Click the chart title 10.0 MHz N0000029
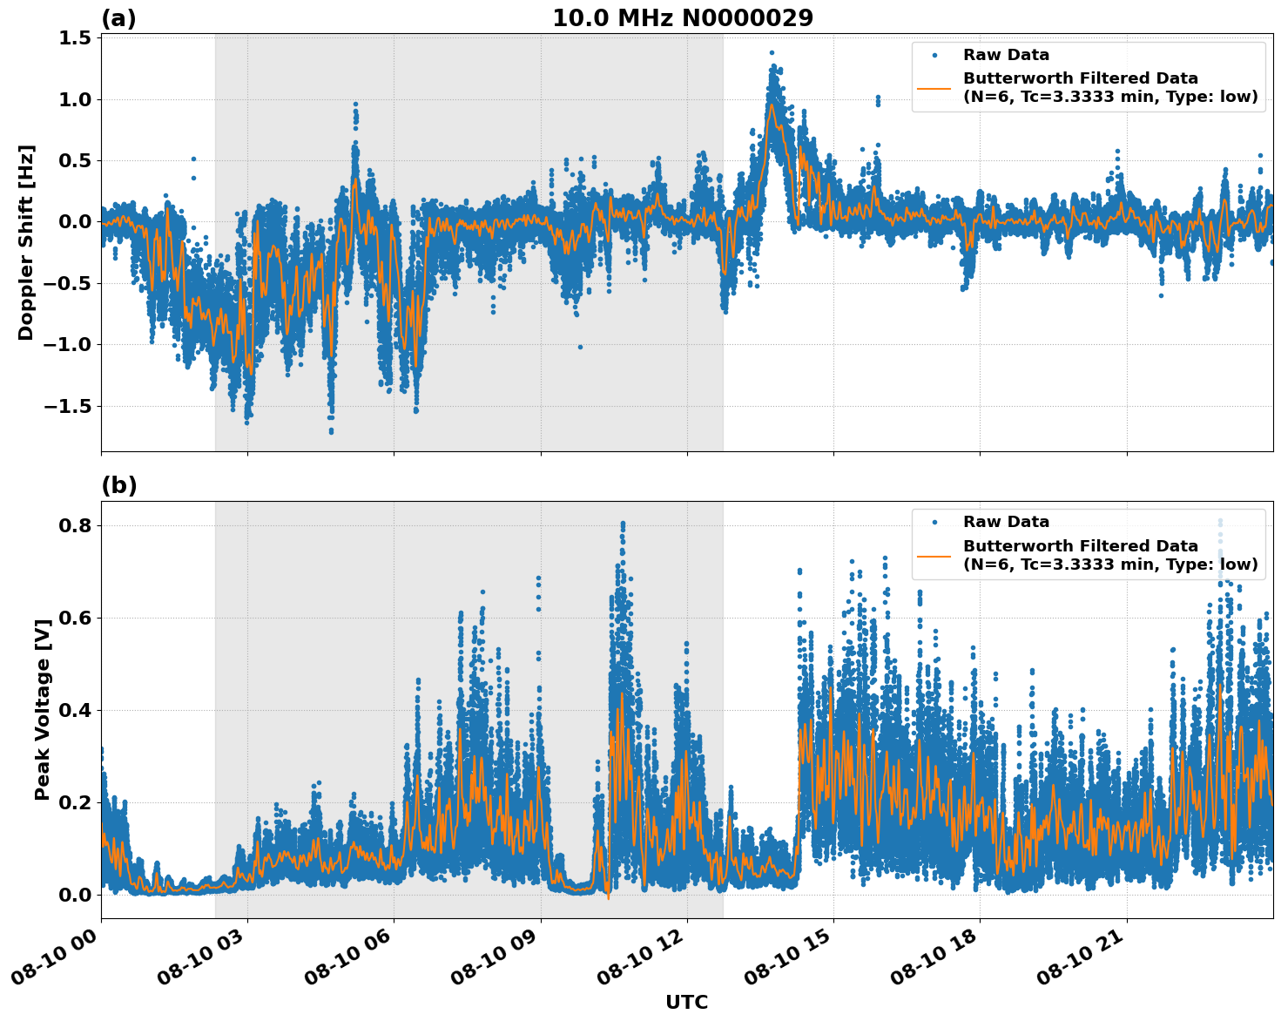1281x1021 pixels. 682,18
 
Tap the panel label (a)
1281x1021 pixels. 118,18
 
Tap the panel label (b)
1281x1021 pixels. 118,485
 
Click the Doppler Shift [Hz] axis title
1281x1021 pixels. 26,242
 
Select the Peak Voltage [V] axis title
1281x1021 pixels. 42,710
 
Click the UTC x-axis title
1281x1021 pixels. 686,1002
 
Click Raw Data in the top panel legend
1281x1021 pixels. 1006,55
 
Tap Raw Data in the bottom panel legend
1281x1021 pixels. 1006,522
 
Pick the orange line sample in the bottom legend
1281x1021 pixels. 934,555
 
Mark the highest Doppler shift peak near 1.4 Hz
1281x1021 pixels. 772,53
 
